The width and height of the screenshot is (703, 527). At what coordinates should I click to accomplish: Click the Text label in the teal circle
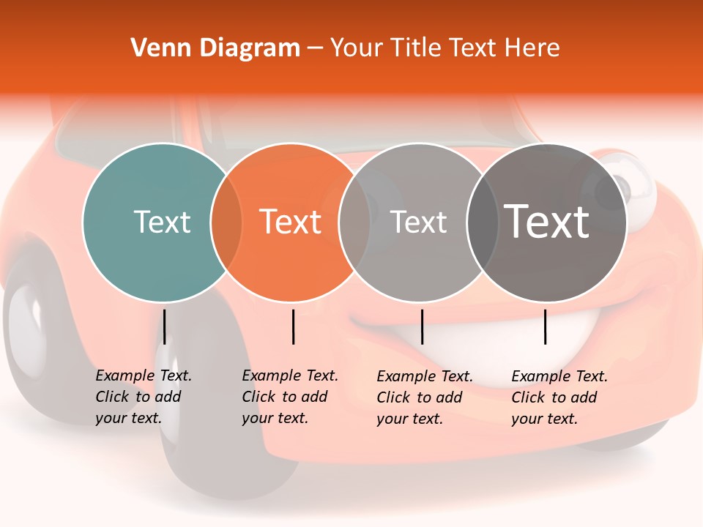click(162, 222)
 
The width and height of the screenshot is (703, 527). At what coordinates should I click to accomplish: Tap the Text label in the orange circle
click(291, 222)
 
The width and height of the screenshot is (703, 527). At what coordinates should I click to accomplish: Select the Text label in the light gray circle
click(419, 222)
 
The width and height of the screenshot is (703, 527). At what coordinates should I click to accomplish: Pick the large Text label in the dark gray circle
click(547, 221)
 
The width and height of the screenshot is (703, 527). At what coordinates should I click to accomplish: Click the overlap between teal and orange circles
click(226, 222)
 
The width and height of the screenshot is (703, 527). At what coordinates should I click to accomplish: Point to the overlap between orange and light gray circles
click(354, 222)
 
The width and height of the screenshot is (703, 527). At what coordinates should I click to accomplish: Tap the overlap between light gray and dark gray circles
click(482, 222)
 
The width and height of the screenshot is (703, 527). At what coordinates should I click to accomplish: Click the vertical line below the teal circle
click(165, 326)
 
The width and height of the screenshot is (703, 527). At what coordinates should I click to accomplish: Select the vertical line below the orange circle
click(294, 326)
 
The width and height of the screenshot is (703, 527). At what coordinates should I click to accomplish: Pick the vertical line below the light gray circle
click(423, 326)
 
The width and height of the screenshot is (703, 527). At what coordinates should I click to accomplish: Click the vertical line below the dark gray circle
click(546, 326)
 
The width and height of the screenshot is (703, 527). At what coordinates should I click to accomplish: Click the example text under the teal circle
click(143, 397)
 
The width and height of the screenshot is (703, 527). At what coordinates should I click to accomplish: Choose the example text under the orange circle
click(289, 397)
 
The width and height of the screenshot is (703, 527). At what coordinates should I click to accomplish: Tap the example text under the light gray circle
click(424, 397)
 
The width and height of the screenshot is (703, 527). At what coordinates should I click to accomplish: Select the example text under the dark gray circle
click(559, 397)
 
